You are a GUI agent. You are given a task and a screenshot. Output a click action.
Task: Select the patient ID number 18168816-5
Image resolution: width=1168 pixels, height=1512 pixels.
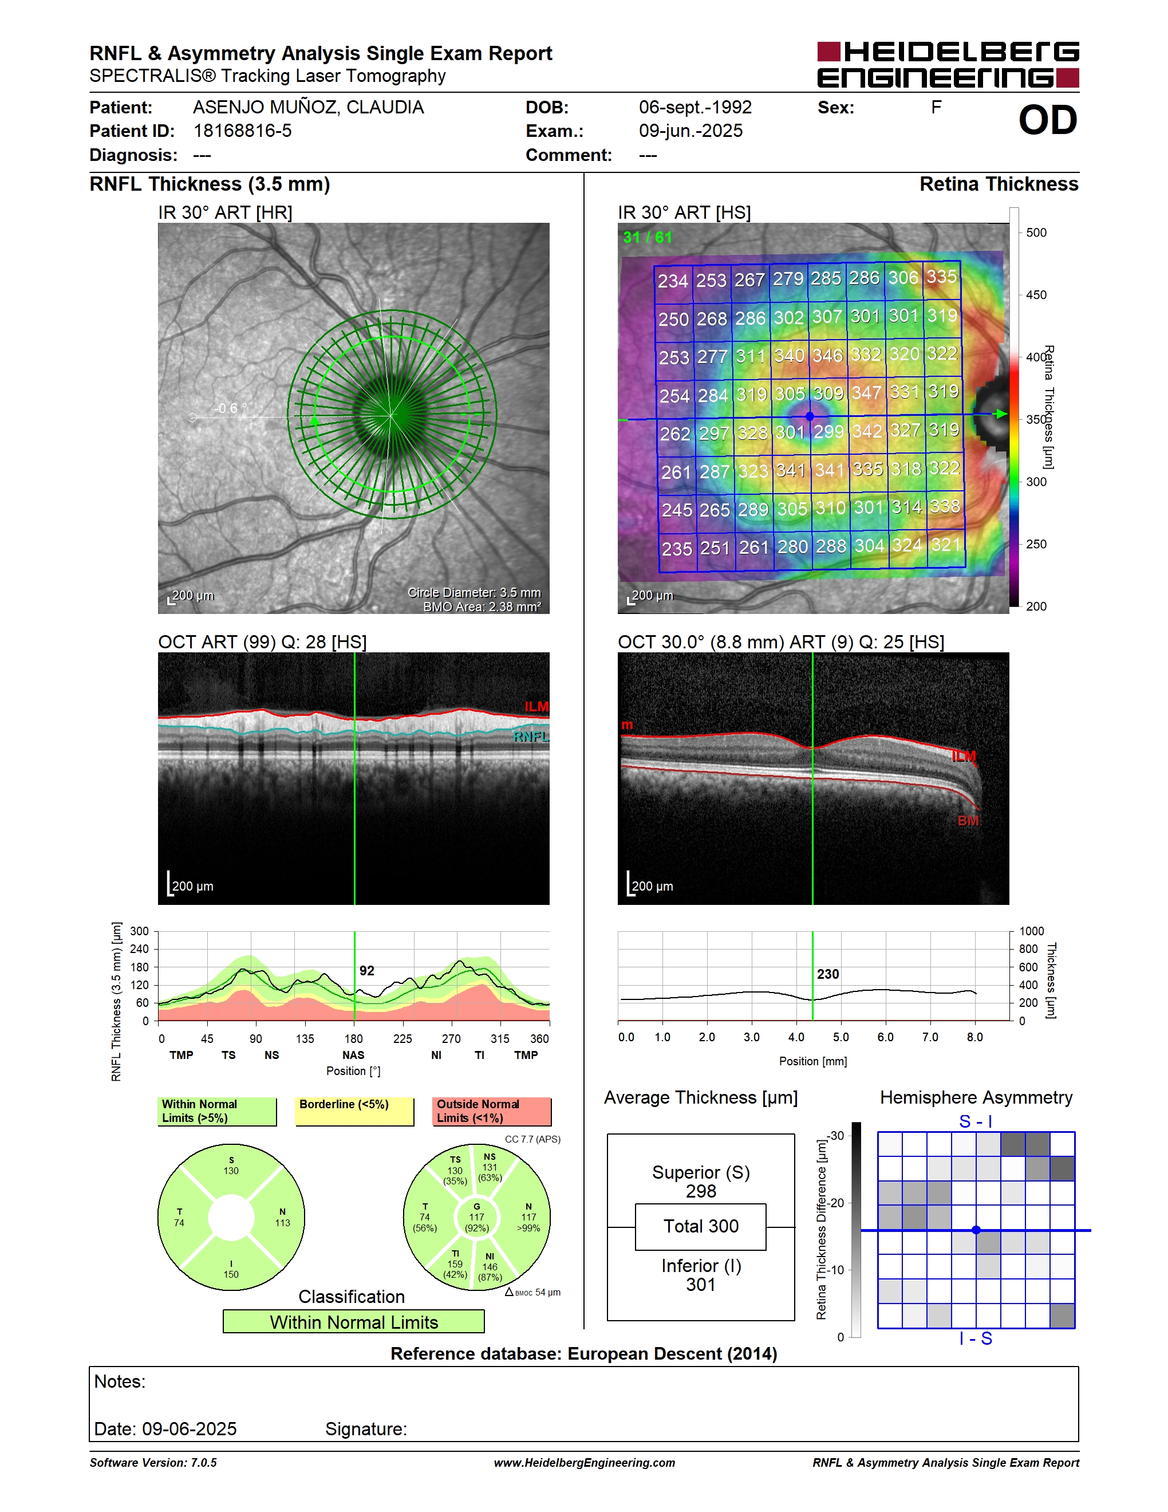coord(242,131)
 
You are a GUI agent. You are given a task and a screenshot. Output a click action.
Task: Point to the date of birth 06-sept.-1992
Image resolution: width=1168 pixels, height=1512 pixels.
coord(695,107)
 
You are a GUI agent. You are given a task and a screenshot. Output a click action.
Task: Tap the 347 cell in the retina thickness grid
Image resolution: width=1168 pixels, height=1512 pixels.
coord(866,392)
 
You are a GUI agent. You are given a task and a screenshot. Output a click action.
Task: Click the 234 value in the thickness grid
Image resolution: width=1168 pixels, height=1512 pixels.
coord(673,281)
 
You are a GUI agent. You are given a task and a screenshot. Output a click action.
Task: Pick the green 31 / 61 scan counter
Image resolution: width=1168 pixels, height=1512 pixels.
coord(647,238)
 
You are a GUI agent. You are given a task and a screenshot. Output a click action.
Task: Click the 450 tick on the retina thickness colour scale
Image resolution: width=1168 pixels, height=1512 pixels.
coord(1036,295)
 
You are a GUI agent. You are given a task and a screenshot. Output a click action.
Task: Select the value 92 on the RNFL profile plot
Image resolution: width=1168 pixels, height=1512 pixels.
coord(367,971)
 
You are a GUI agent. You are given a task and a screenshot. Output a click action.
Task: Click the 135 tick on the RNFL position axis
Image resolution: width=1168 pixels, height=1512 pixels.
coord(305,1038)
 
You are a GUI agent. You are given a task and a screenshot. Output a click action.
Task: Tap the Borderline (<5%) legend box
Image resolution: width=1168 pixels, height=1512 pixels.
coord(354,1111)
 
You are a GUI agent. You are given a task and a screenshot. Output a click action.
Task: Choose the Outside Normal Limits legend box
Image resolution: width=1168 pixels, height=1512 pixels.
coord(492,1111)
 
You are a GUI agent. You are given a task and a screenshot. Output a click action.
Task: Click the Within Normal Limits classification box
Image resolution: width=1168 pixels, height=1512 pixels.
coord(354,1322)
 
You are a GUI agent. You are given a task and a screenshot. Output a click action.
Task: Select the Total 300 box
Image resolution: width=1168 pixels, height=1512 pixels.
coord(700,1227)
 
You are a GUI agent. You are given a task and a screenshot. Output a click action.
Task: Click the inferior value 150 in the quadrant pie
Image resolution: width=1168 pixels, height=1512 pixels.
coord(231,1274)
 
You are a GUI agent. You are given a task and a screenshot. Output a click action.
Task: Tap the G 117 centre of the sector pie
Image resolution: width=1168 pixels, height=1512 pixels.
coord(477,1217)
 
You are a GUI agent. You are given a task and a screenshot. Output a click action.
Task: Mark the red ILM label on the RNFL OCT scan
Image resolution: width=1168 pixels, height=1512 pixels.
coord(536,706)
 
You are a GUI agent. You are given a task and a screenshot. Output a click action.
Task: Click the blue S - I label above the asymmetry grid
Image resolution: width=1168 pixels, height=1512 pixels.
coord(976,1121)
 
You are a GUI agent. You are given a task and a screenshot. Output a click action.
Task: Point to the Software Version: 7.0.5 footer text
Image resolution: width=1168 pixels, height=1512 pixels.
coord(153,1462)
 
